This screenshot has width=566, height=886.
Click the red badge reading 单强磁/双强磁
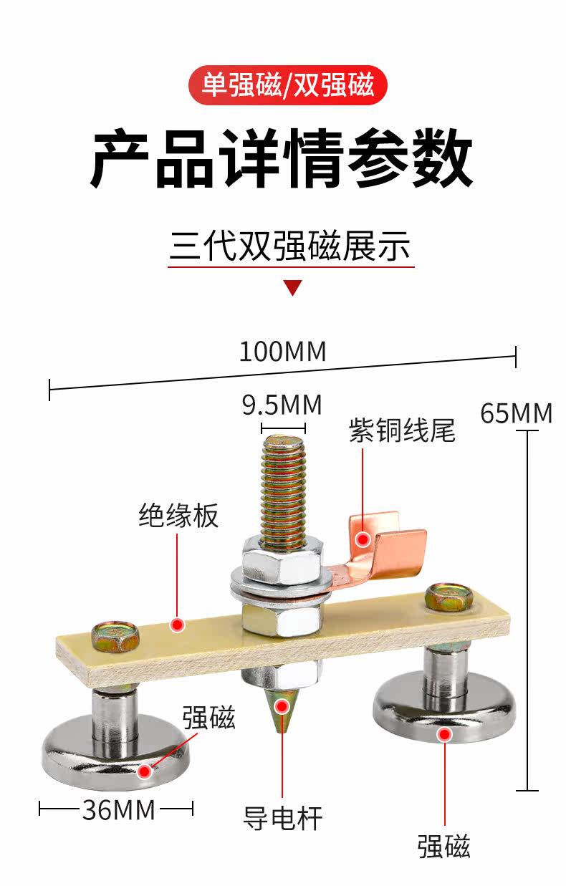coord(287,85)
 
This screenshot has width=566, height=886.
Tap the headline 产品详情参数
coord(282,158)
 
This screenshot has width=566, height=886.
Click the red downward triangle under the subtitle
coord(292,288)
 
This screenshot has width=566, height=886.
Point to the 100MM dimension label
coord(282,352)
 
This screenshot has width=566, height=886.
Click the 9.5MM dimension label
coord(282,405)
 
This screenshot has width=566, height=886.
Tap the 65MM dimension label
coord(517,413)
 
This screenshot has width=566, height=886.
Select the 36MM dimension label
coord(118,810)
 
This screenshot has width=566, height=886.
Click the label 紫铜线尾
coord(402,431)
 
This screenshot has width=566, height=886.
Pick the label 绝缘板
coord(178,516)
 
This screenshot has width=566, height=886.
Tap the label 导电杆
coord(282,818)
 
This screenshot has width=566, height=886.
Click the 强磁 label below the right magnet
coord(444,846)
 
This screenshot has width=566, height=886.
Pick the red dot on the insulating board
coord(178,625)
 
